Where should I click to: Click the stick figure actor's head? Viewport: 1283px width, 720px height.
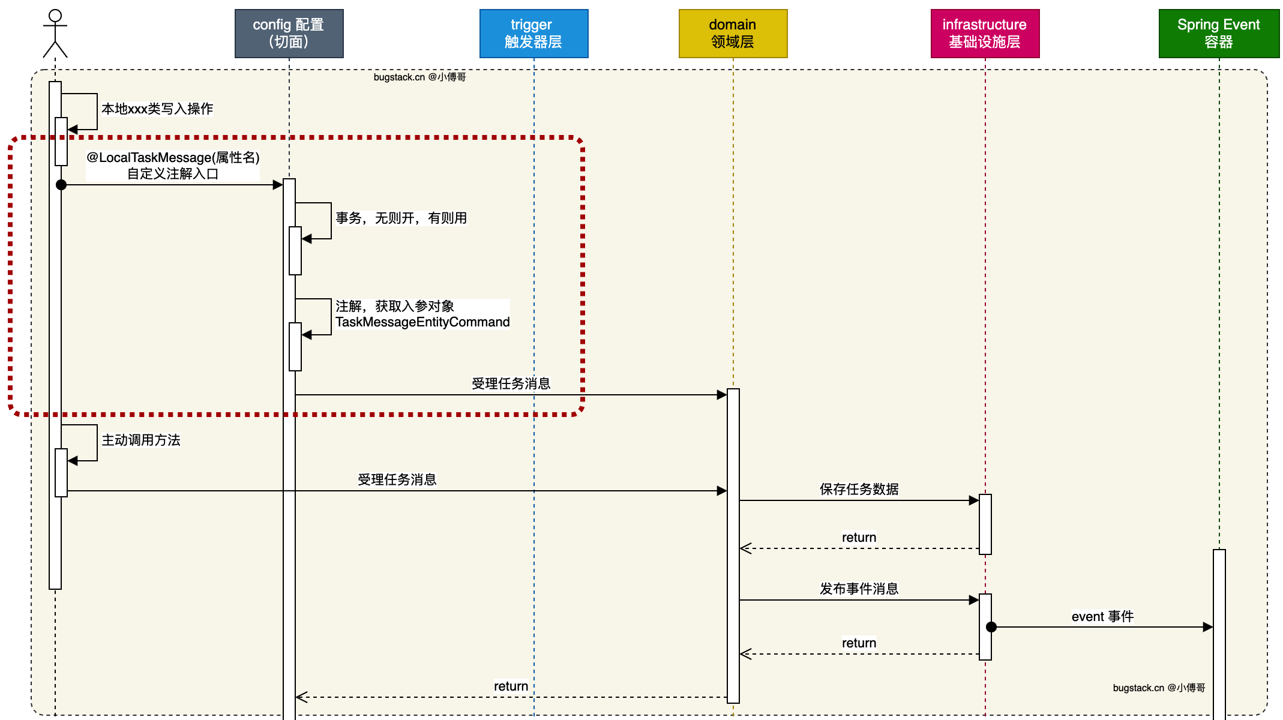55,16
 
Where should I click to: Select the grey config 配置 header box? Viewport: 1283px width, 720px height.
289,34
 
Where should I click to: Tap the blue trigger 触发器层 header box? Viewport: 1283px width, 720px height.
533,34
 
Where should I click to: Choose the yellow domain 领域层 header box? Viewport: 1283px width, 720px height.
733,34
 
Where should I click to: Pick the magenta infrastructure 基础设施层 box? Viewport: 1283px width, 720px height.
985,34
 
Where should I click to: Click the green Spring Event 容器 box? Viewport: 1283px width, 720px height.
1219,34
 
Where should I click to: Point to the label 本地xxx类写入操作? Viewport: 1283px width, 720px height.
157,109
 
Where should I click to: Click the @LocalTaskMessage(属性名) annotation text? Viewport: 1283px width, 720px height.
173,157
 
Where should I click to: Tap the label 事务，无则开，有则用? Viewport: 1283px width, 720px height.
401,218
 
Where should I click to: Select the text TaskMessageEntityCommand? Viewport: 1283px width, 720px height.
422,322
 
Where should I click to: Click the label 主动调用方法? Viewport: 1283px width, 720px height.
141,440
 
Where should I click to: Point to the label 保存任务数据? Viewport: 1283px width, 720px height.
859,489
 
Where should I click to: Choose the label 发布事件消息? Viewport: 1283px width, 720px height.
859,589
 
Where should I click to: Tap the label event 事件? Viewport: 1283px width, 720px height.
1102,616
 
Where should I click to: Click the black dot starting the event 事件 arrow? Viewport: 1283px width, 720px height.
991,627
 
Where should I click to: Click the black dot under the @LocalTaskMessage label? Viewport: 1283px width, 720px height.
61,185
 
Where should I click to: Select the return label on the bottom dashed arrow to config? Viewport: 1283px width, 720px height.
511,686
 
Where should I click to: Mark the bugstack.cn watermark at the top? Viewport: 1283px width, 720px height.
419,77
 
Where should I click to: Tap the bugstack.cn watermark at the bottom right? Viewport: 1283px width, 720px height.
1159,688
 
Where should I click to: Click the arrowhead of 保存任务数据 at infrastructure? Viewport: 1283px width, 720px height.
974,500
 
